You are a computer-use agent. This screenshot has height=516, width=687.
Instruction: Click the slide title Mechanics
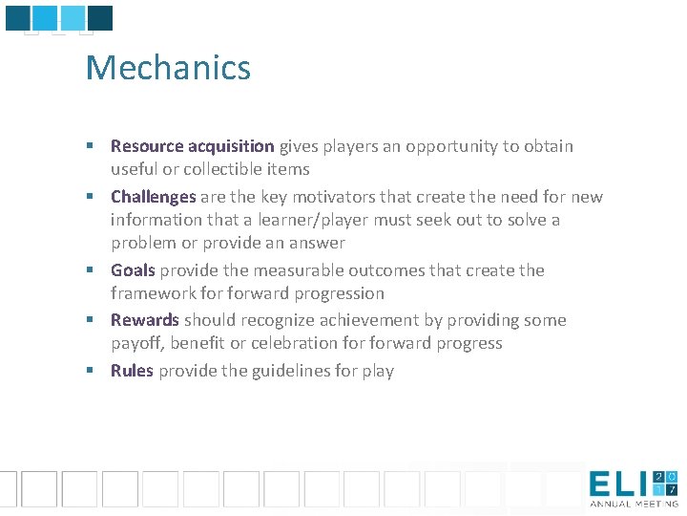[168, 69]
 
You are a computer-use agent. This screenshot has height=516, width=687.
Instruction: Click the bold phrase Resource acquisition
[192, 146]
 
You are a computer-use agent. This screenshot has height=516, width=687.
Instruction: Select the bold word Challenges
[153, 197]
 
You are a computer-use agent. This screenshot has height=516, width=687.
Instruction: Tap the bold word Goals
[133, 270]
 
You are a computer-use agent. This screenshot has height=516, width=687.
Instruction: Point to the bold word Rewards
[144, 320]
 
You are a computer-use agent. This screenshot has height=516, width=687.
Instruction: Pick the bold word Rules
[132, 371]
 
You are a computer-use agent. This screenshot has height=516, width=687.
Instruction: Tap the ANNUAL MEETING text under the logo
[634, 504]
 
